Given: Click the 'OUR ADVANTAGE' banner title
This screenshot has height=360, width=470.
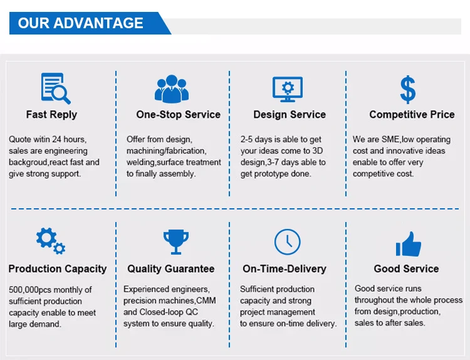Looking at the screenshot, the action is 80,23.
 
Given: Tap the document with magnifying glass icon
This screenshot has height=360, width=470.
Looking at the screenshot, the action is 56,88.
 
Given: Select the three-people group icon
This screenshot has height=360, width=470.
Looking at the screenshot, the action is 172,89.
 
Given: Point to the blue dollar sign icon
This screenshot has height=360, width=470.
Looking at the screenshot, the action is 408,90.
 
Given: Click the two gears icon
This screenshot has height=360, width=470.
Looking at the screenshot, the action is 51,241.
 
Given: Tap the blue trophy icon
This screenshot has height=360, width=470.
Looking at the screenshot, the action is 176,242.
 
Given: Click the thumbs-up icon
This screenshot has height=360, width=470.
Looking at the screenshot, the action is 408,244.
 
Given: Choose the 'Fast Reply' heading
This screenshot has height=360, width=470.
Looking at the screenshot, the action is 51,114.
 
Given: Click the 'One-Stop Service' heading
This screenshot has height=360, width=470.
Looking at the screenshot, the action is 179,114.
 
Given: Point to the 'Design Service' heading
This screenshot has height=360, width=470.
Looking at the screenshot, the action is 290,114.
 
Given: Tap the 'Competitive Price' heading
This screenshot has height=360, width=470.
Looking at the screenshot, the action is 412,114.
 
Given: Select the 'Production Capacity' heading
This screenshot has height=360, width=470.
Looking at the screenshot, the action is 58,268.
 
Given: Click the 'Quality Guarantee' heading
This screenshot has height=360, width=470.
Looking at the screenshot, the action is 171,268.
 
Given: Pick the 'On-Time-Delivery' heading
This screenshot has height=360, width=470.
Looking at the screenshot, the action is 285,268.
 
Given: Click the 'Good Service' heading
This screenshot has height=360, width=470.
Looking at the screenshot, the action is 406,268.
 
